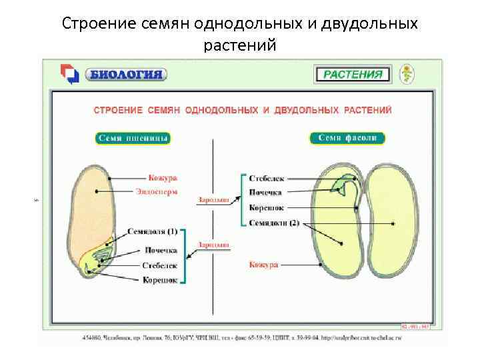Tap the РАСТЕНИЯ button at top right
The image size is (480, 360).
click(x=353, y=74)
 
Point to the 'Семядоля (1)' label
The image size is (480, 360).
click(x=153, y=231)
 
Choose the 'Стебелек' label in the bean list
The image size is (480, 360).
click(x=267, y=178)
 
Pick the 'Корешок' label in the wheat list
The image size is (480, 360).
click(x=160, y=280)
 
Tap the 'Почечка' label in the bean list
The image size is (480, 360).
click(x=267, y=193)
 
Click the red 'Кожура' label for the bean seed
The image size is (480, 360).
click(x=263, y=265)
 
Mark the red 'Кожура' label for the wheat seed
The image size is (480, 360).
click(x=163, y=177)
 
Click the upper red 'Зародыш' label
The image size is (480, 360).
click(x=213, y=199)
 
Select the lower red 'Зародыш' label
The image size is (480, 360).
click(x=213, y=245)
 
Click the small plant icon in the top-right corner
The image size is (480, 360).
click(x=406, y=73)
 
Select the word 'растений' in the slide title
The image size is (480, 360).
click(x=239, y=45)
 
